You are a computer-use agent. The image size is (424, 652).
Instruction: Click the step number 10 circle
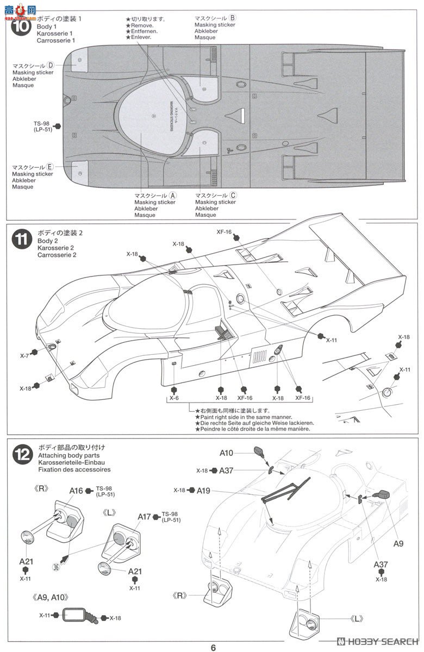[21, 28]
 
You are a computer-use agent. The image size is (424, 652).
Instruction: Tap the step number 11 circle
[21, 240]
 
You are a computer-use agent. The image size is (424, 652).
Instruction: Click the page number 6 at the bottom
[213, 647]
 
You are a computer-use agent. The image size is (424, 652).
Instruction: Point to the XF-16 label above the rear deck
[225, 232]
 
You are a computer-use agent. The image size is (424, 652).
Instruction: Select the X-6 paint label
[174, 398]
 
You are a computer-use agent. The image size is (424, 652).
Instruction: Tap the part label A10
[227, 453]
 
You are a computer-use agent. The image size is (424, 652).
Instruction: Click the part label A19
[204, 490]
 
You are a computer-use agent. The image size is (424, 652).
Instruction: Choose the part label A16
[76, 491]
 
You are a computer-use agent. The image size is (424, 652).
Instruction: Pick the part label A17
[144, 517]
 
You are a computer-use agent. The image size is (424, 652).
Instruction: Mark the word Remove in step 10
[142, 25]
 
